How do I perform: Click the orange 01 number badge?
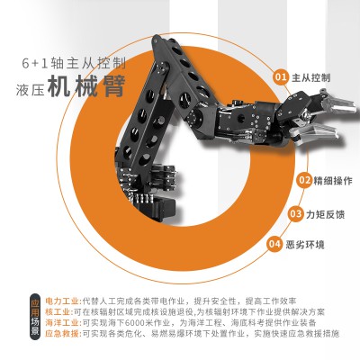(x=281, y=77)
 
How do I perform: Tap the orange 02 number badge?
(x=303, y=179)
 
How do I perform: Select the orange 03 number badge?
(x=294, y=213)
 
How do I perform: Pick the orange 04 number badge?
(x=276, y=243)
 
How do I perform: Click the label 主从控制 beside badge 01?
(x=310, y=77)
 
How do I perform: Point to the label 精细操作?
(x=332, y=179)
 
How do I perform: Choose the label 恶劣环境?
(x=305, y=243)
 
